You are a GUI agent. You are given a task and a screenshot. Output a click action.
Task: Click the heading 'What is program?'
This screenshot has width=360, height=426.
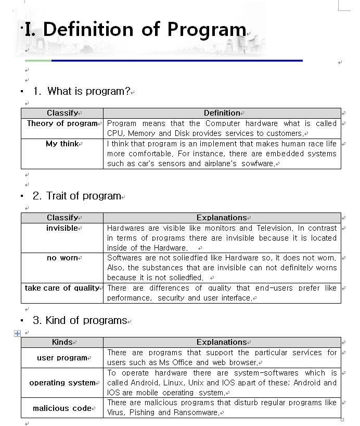tap(88, 91)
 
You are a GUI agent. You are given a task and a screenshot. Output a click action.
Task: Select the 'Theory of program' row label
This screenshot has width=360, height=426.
tap(62, 123)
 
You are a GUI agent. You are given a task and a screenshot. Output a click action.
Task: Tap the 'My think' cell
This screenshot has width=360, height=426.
tap(62, 144)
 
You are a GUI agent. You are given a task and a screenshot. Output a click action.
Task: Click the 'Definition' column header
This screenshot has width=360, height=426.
tap(222, 113)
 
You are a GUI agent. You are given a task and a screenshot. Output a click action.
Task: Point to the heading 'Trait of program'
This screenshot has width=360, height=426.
tap(83, 196)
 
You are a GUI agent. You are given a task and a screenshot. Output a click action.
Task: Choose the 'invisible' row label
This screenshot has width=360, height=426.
tap(62, 228)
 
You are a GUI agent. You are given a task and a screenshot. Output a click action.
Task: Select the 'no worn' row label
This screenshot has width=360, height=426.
tap(62, 258)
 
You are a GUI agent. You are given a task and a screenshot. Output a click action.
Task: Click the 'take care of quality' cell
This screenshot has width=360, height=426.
tap(62, 288)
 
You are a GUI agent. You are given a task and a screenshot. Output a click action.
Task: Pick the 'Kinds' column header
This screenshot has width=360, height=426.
tap(62, 342)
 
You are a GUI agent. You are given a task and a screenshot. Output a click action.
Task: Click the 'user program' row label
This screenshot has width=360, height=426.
tap(62, 358)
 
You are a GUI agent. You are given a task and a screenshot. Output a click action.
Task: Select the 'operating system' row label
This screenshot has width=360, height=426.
tap(62, 383)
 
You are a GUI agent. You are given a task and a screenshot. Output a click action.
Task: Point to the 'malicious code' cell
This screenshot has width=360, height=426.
tap(62, 408)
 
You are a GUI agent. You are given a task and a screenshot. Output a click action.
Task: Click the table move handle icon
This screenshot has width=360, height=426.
tap(17, 333)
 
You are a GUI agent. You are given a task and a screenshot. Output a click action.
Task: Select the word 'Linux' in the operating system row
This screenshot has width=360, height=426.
tap(172, 383)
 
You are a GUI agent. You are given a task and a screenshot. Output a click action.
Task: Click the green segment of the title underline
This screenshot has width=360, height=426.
tap(38, 60)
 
